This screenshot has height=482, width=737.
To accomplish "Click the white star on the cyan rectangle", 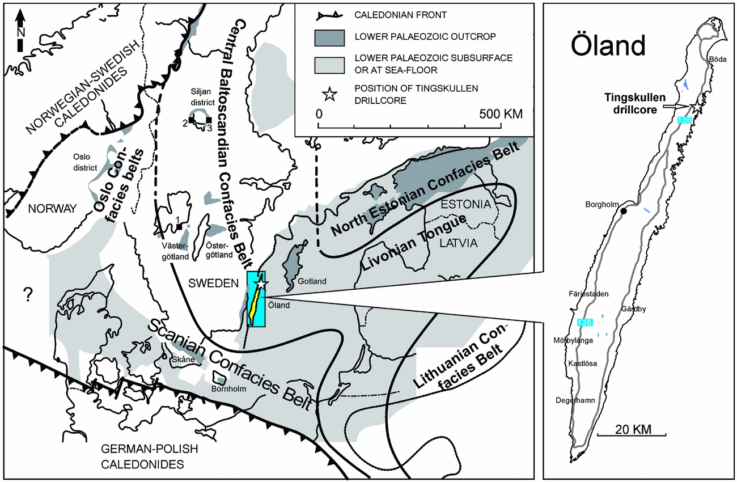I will pos(261,282).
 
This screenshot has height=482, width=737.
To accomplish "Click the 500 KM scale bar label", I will pos(499,113).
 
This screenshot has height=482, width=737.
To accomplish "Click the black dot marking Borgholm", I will pos(624,211).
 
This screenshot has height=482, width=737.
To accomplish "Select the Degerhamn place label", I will pos(575,400).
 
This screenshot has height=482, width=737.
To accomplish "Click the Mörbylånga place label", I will pos(573,341).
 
